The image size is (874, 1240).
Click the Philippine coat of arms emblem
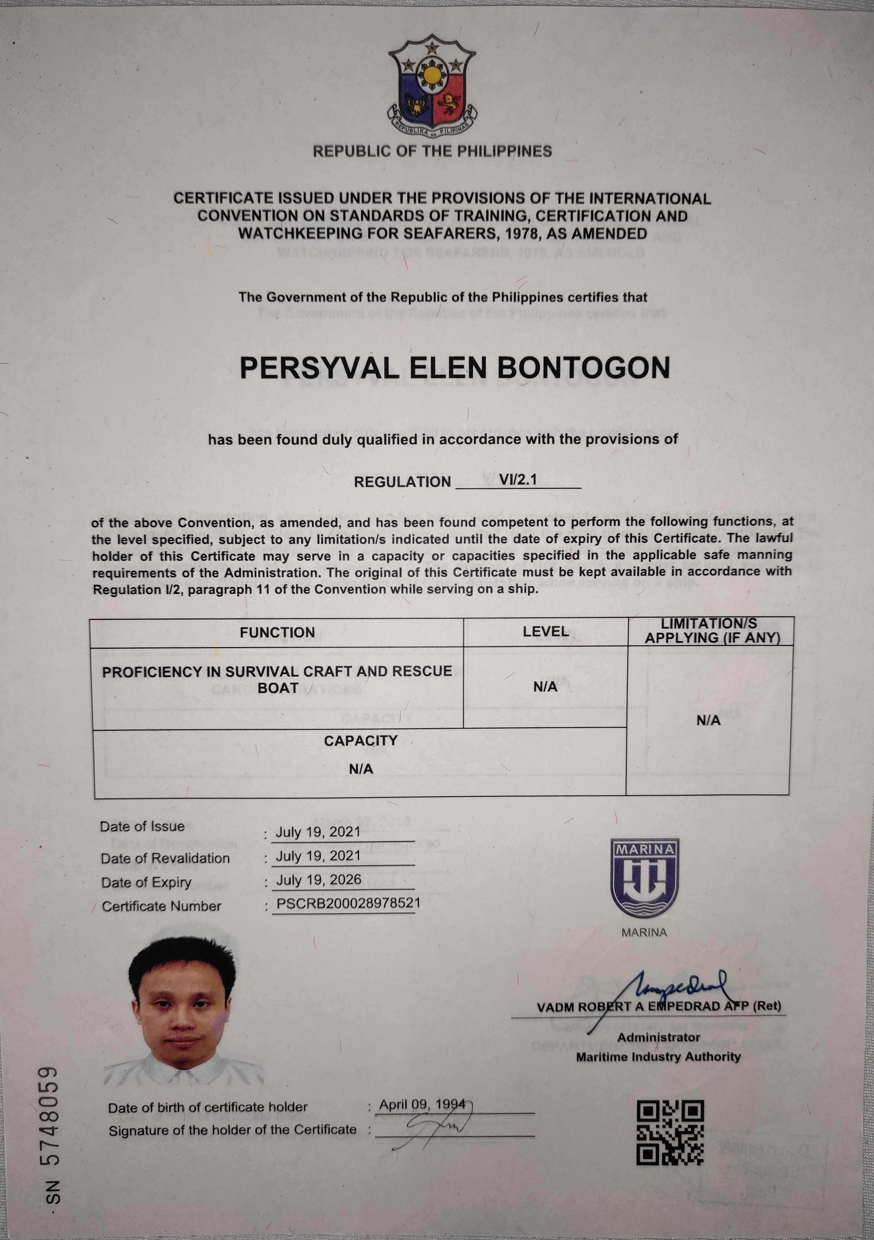tap(432, 86)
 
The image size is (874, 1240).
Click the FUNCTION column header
tap(277, 633)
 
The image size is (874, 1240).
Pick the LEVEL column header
tap(545, 631)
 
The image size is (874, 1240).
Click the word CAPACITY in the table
tap(361, 740)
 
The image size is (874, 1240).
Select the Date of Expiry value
tap(318, 880)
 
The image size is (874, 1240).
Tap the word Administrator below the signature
tap(658, 1038)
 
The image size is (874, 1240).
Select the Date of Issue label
tap(142, 826)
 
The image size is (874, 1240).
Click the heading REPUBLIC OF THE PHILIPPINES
tap(432, 151)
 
